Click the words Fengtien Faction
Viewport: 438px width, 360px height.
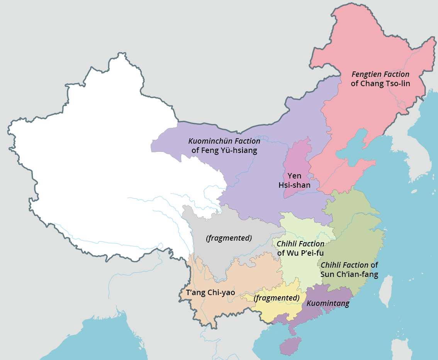380,74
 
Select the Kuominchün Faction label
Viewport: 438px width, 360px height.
224,141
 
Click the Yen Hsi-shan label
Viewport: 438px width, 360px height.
294,180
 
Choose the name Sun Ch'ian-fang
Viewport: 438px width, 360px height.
349,275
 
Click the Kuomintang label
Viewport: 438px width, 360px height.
328,304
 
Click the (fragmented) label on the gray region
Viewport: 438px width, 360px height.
229,238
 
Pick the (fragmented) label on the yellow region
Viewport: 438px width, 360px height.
277,298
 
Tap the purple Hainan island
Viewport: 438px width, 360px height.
290,346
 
